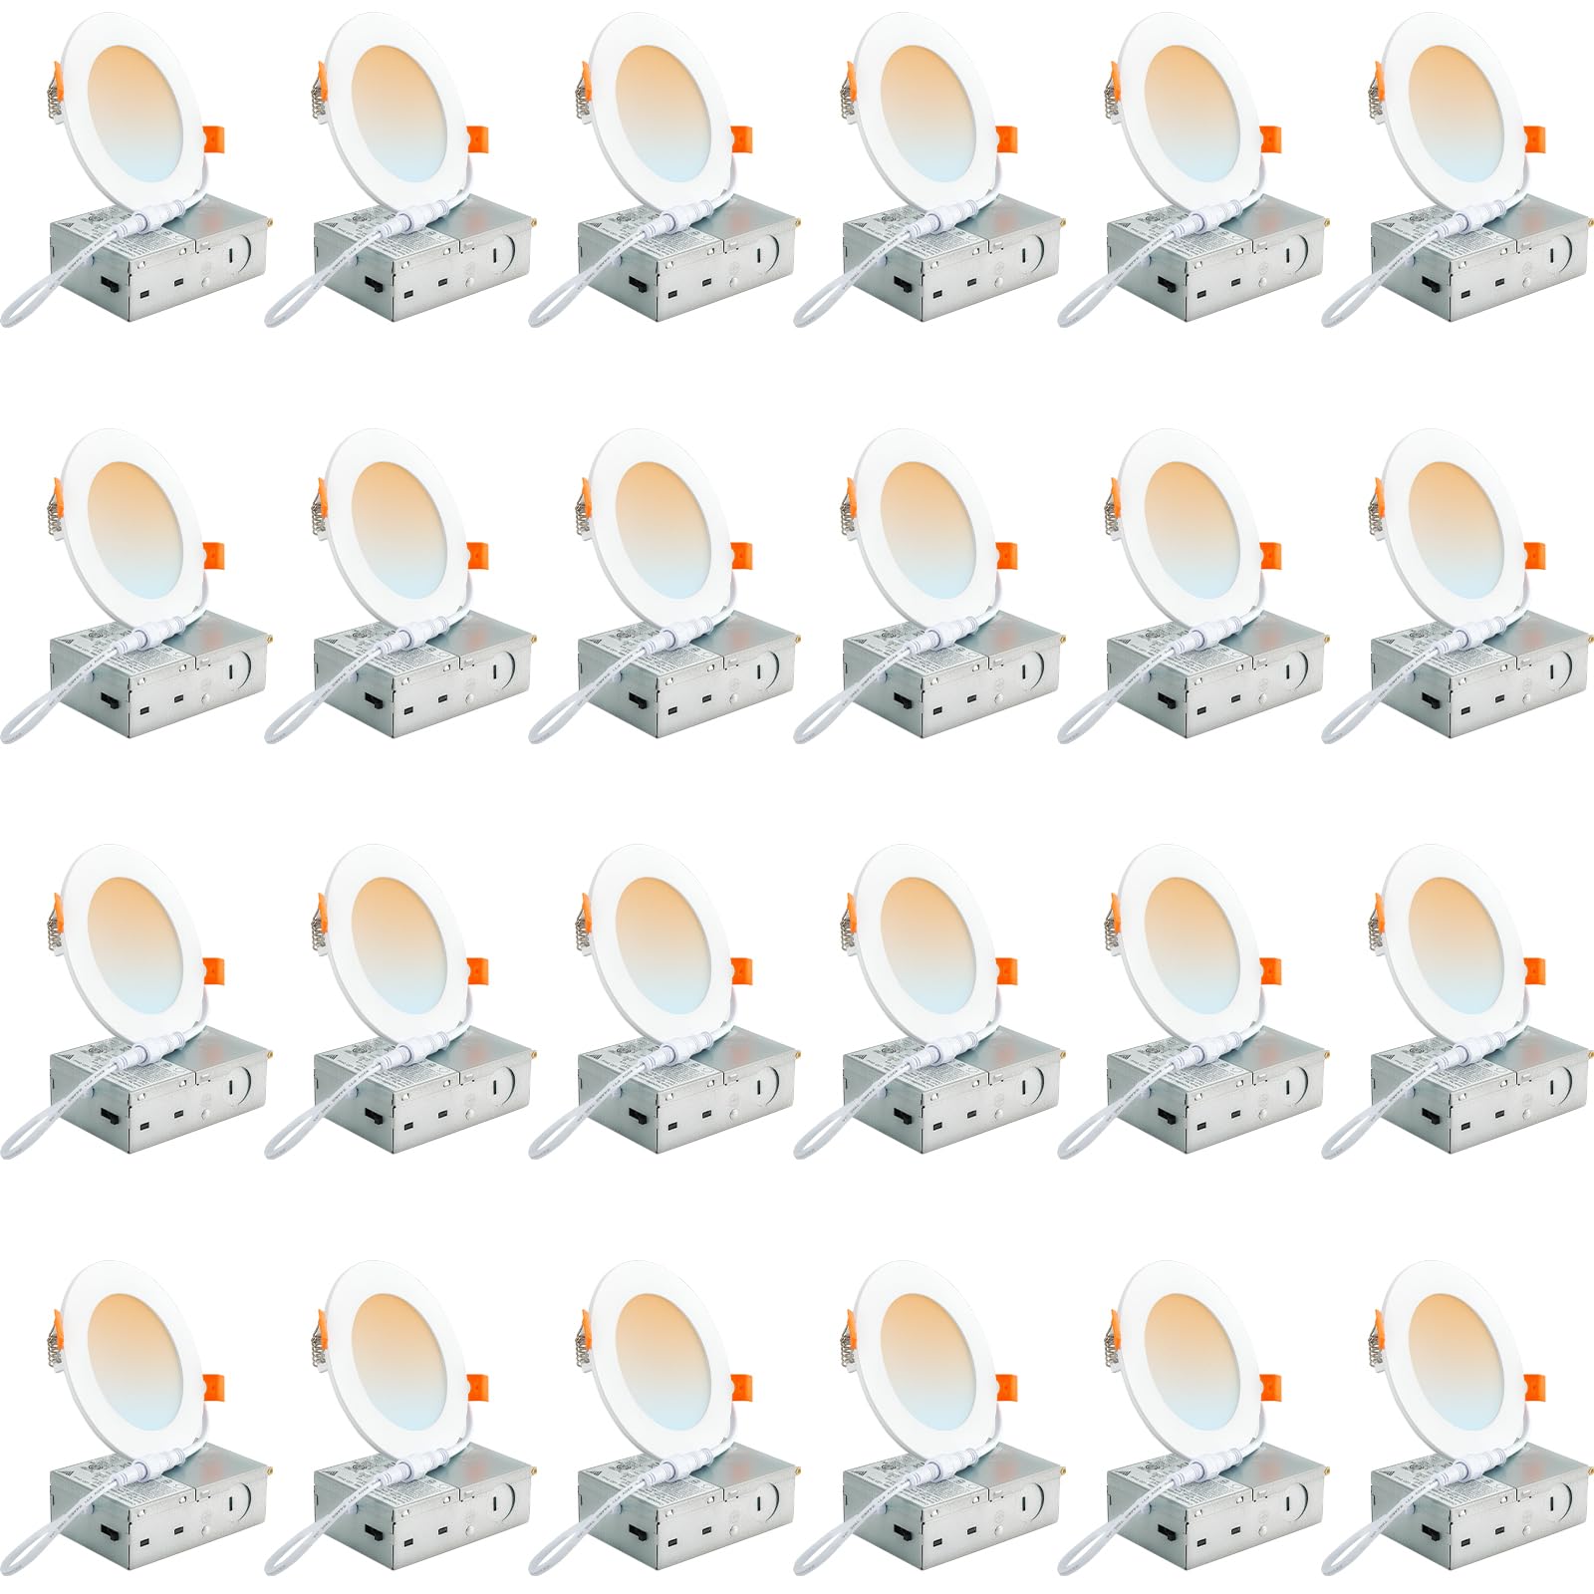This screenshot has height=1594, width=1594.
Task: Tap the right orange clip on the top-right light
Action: click(1533, 139)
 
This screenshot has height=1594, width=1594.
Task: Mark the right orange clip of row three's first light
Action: click(213, 972)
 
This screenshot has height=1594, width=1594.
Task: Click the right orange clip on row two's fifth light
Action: click(1269, 556)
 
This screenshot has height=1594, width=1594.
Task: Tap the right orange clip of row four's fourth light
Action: click(1005, 1389)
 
